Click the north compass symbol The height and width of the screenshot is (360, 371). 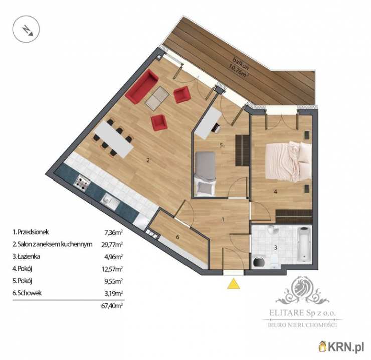click(x=26, y=29)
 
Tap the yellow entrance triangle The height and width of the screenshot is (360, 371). click(x=233, y=284)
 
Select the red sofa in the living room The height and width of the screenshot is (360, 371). click(x=142, y=87)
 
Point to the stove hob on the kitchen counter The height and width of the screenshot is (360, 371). click(x=82, y=183)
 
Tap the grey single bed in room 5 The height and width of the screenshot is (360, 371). click(x=205, y=174)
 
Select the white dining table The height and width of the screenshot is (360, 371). click(x=114, y=139)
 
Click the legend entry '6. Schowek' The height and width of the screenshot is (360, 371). click(x=27, y=293)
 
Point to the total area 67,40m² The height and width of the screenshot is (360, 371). click(x=112, y=306)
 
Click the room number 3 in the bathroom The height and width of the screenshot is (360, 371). click(x=275, y=248)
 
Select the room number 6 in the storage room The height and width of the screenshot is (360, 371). click(x=178, y=237)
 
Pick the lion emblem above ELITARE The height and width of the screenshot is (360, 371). click(x=302, y=292)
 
